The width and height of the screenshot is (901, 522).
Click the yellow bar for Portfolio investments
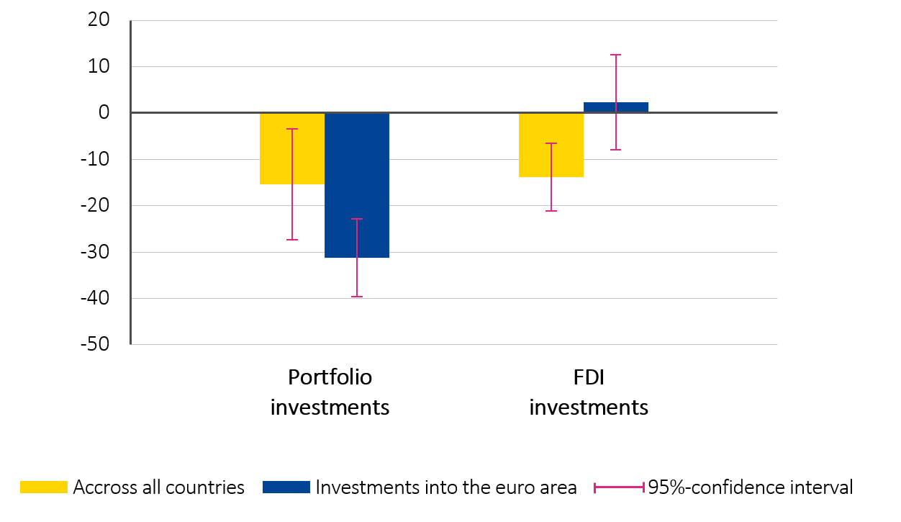coord(291,148)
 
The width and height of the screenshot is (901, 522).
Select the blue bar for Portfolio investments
coord(356,185)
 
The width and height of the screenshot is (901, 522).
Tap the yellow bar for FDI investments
coord(551,145)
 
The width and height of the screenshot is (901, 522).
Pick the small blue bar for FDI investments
coord(616,107)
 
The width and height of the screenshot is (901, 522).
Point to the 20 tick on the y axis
coord(99,21)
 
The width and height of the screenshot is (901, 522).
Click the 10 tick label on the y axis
coord(99,67)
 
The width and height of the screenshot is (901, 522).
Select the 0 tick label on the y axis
coord(104,113)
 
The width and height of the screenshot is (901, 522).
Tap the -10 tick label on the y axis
coord(95,159)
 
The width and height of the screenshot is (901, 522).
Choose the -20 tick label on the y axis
coord(95,206)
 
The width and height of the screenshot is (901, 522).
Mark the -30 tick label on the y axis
coord(95,252)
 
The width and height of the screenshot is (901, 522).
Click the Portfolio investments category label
coord(330,392)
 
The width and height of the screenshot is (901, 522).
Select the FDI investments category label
coord(589,392)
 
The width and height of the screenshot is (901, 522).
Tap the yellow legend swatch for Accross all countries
coord(43,487)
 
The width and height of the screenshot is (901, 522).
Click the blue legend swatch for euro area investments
coord(286,487)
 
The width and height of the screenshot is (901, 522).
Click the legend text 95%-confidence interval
coord(750,487)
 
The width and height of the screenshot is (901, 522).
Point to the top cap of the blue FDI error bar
coord(616,55)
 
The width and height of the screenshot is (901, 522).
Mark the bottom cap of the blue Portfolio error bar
coord(357,297)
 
